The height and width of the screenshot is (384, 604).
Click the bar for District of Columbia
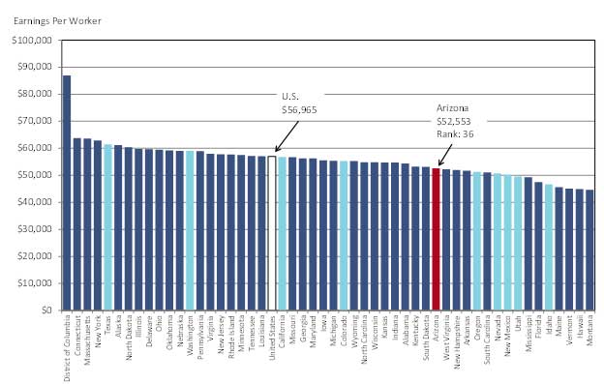point(67,193)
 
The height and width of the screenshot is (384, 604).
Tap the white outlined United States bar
point(272,233)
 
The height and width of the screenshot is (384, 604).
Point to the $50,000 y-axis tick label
point(35,175)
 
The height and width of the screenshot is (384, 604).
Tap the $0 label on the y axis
point(47,310)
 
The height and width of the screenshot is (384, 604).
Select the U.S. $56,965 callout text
point(298,103)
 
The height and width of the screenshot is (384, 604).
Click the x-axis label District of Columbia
point(68,346)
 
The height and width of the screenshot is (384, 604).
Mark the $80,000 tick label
point(35,95)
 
